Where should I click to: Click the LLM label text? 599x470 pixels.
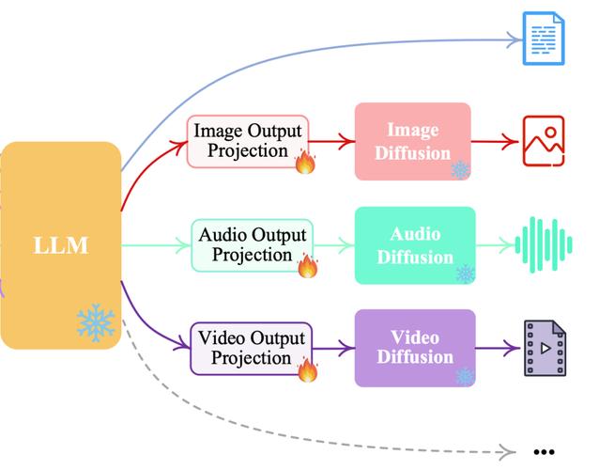[x=61, y=245]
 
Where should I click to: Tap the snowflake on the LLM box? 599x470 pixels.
[x=96, y=322]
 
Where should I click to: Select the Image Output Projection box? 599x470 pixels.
[x=248, y=141]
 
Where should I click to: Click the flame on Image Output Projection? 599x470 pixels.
[x=306, y=162]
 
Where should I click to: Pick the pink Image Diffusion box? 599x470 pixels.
[x=412, y=141]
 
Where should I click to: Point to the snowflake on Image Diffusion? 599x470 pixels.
[x=460, y=169]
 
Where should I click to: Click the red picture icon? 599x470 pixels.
[x=544, y=141]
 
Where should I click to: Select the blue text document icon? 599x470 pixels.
[x=544, y=39]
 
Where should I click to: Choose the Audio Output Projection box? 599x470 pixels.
[x=253, y=245]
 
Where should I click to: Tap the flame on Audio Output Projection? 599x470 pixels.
[x=308, y=265]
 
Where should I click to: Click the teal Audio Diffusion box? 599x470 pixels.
[x=415, y=245]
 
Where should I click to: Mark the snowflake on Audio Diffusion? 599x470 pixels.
[x=466, y=274]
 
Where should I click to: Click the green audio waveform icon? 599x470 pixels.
[x=544, y=245]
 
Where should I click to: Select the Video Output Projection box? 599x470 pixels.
[x=252, y=349]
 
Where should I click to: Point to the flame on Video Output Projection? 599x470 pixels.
[x=308, y=369]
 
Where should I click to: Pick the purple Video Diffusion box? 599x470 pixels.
[x=415, y=348]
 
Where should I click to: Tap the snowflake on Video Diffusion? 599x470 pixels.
[x=466, y=377]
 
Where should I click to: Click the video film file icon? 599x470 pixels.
[x=545, y=348]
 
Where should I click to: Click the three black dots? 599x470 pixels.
[x=544, y=452]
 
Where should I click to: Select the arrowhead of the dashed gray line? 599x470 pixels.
[x=508, y=451]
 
